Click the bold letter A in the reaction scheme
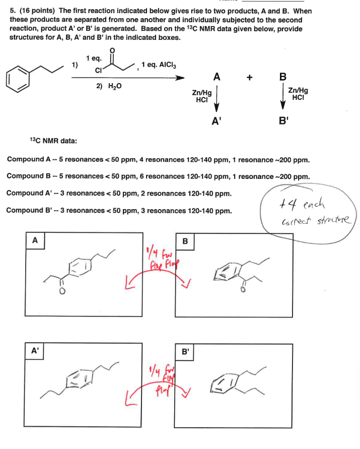(217, 77)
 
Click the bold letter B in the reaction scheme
(282, 77)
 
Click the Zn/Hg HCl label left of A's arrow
(201, 96)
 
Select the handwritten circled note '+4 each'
(308, 212)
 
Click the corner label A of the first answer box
(34, 240)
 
